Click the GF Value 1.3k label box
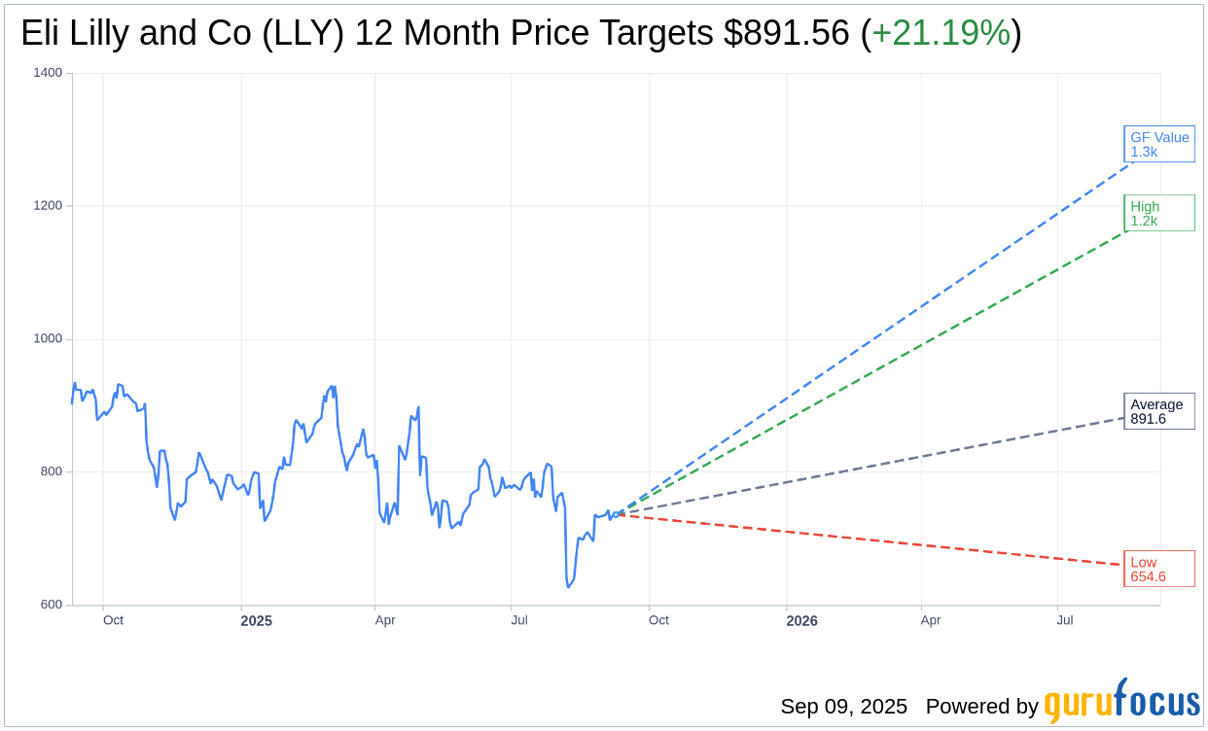pos(1158,144)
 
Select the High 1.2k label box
pos(1158,213)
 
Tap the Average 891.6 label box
pos(1158,411)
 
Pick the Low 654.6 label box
pos(1158,569)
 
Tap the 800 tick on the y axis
pos(51,471)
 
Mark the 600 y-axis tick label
pos(51,605)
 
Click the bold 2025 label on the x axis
pos(257,620)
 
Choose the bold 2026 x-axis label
pos(801,620)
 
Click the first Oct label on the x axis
pos(113,620)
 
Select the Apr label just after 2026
pos(931,620)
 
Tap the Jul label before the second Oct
pos(519,620)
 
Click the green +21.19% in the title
pos(941,34)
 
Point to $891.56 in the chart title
pos(786,34)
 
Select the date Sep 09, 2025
pos(843,707)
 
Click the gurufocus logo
pos(1121,702)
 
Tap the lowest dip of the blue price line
pos(568,587)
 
